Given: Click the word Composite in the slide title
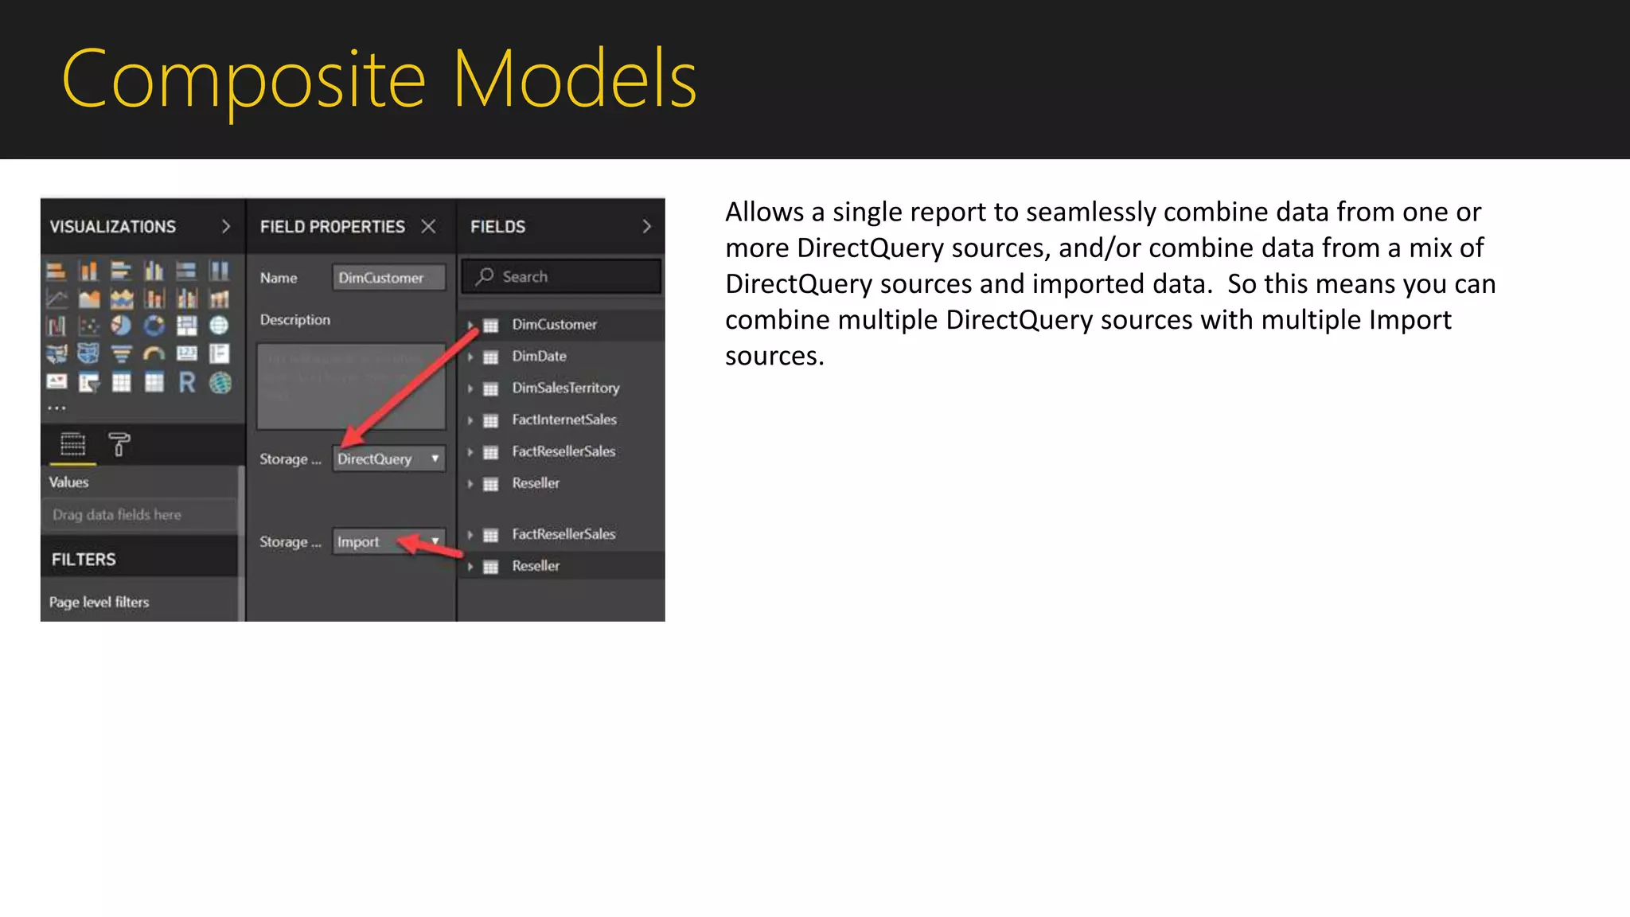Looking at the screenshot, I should [x=243, y=80].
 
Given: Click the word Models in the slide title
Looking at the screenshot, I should [x=574, y=80].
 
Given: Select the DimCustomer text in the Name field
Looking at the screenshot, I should [x=380, y=278].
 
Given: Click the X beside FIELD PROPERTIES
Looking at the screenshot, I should [x=429, y=227].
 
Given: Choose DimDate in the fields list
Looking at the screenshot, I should [x=539, y=356].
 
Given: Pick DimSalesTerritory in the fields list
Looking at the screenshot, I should [x=565, y=388].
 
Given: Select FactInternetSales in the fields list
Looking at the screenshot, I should [x=563, y=419].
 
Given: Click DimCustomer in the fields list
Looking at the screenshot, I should [x=554, y=324].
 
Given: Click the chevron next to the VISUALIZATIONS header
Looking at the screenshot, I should [x=226, y=227].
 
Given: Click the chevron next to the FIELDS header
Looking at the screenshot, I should [x=646, y=227].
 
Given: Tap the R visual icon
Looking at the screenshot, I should [x=187, y=383].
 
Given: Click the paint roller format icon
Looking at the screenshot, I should [x=119, y=444].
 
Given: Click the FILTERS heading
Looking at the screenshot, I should [x=84, y=560].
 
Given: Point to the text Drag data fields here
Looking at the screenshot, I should [x=117, y=515].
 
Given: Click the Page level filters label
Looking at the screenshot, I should [x=99, y=603].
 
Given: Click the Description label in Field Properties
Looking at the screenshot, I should [x=294, y=320].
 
